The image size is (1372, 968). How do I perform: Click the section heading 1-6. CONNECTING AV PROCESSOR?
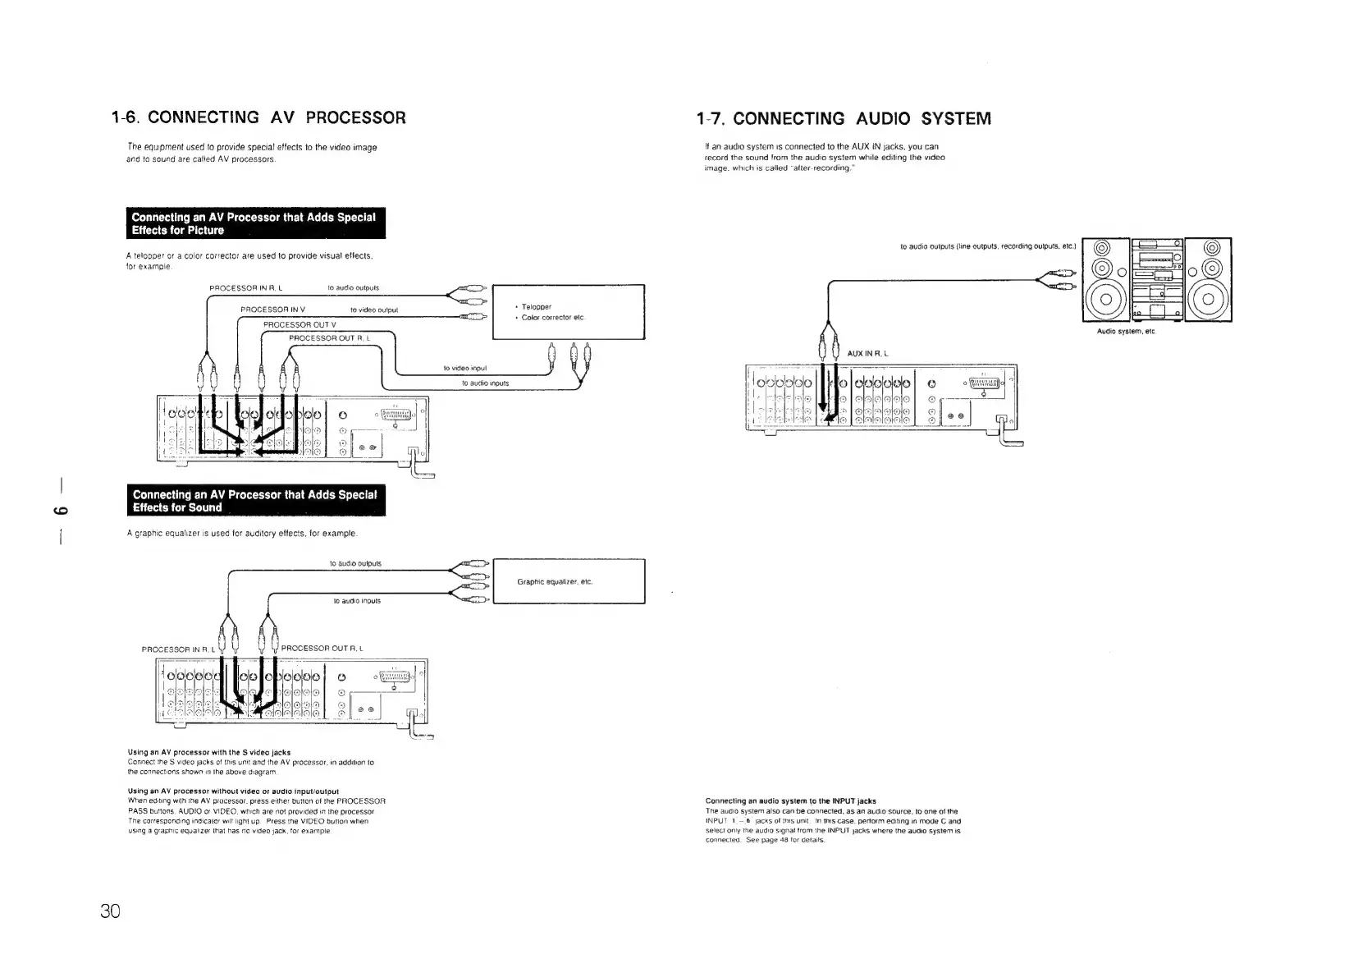click(x=258, y=117)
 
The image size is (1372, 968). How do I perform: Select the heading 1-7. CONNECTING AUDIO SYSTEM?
click(x=844, y=118)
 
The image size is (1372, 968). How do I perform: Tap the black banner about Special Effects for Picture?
click(x=255, y=223)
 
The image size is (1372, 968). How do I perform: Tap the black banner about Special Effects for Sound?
click(x=255, y=501)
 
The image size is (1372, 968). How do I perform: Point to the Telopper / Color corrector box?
click(x=568, y=312)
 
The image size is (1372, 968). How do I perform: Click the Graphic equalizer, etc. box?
click(x=568, y=581)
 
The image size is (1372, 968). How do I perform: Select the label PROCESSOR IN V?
click(x=272, y=310)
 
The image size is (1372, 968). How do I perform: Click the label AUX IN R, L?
click(x=868, y=353)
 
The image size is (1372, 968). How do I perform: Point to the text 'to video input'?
click(x=466, y=368)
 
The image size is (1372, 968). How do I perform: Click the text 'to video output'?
click(x=374, y=310)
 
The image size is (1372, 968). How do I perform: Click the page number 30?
click(x=110, y=911)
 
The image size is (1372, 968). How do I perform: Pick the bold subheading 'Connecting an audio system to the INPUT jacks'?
click(x=790, y=801)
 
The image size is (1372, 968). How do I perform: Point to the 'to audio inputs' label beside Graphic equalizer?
click(x=357, y=601)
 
